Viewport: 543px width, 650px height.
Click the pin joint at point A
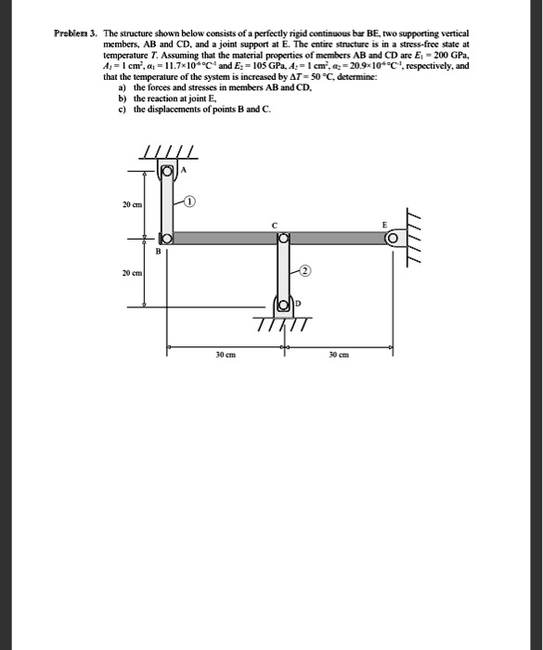coord(168,172)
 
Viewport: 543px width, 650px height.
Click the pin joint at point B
coord(169,239)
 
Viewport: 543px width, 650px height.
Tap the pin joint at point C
coord(284,239)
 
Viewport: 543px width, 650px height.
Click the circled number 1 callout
coord(188,201)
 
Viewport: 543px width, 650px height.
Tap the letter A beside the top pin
coord(183,169)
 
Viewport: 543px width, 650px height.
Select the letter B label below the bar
coord(158,252)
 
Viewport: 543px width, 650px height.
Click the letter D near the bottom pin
coord(298,303)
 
